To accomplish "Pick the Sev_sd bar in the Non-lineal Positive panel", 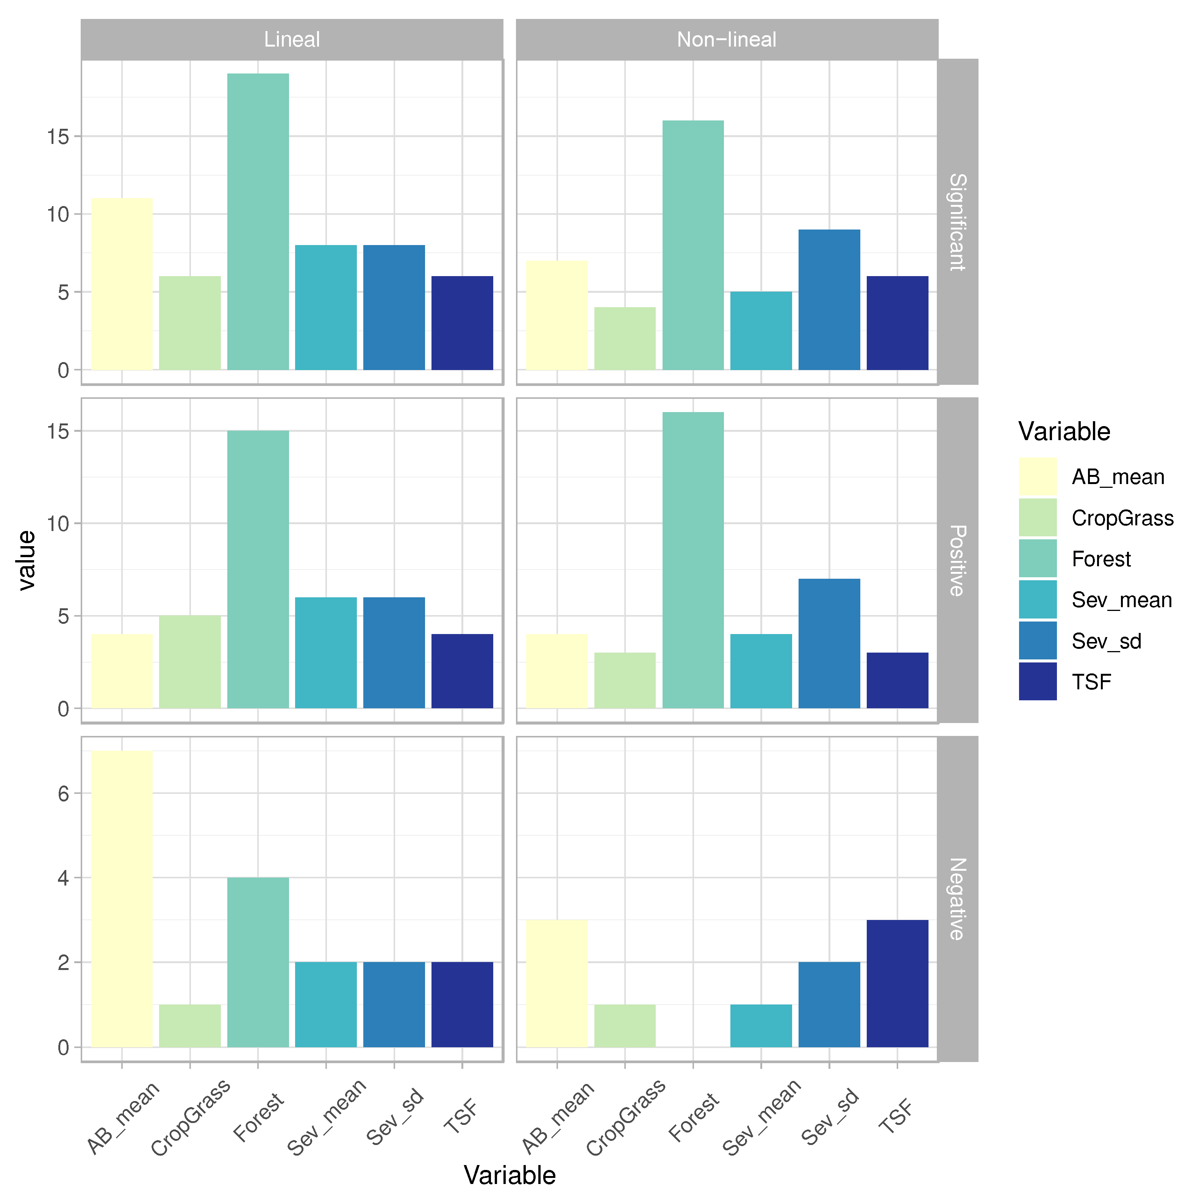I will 828,643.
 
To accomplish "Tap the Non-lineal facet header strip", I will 726,39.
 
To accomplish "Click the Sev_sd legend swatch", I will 1037,640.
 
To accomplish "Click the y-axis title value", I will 26,560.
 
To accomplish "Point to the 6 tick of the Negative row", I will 63,794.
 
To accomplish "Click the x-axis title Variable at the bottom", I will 509,1175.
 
